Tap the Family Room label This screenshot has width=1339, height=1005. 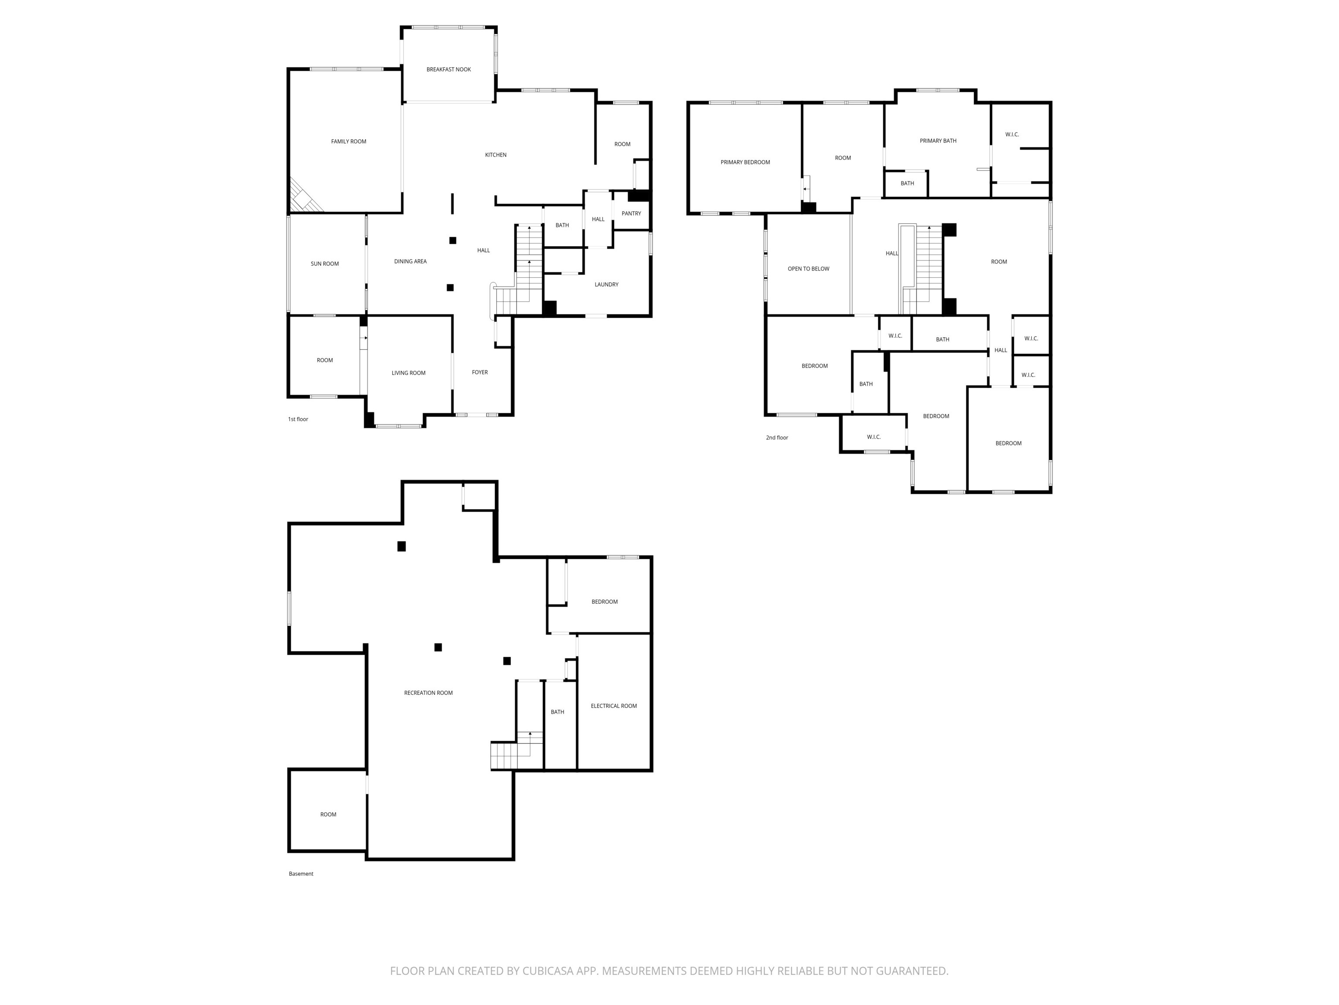pyautogui.click(x=349, y=142)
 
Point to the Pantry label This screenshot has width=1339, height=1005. pyautogui.click(x=632, y=214)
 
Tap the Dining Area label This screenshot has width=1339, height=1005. pyautogui.click(x=411, y=262)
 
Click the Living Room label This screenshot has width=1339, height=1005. pyautogui.click(x=408, y=373)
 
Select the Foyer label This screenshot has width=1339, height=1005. pyautogui.click(x=480, y=373)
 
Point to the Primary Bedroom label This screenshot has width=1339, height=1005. pyautogui.click(x=745, y=162)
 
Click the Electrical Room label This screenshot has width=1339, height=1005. pyautogui.click(x=614, y=706)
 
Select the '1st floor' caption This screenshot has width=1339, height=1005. pyautogui.click(x=298, y=419)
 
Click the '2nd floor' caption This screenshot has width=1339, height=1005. pyautogui.click(x=777, y=438)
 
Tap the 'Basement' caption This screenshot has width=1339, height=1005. pyautogui.click(x=301, y=874)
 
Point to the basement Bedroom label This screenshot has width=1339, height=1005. pyautogui.click(x=605, y=602)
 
